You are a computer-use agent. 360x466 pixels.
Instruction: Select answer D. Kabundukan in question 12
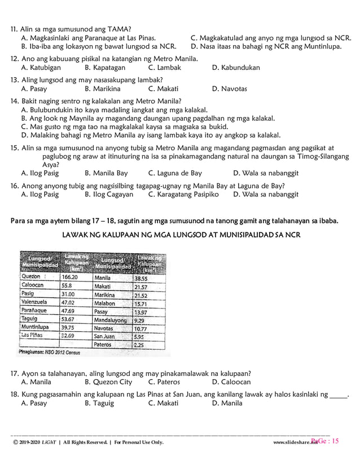[x=236, y=68]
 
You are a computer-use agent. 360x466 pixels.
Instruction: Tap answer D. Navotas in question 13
[x=229, y=89]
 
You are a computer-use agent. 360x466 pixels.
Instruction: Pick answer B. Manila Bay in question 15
[x=106, y=173]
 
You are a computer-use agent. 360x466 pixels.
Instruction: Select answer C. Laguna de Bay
[x=175, y=173]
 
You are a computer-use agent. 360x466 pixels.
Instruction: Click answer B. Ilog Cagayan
[x=109, y=194]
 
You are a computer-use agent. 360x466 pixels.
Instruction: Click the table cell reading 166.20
[x=69, y=278]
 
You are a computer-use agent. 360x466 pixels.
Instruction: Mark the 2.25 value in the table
[x=139, y=345]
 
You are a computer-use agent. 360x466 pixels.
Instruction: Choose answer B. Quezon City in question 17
[x=108, y=382]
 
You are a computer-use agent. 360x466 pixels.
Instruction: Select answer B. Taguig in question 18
[x=99, y=403]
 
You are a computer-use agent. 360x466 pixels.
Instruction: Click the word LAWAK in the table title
[x=76, y=234]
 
